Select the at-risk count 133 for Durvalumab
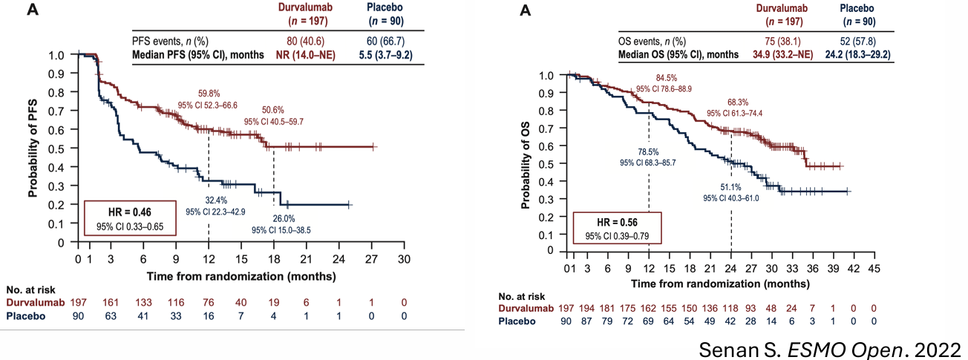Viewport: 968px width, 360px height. (x=144, y=303)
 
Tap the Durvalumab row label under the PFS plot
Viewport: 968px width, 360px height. (x=33, y=303)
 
